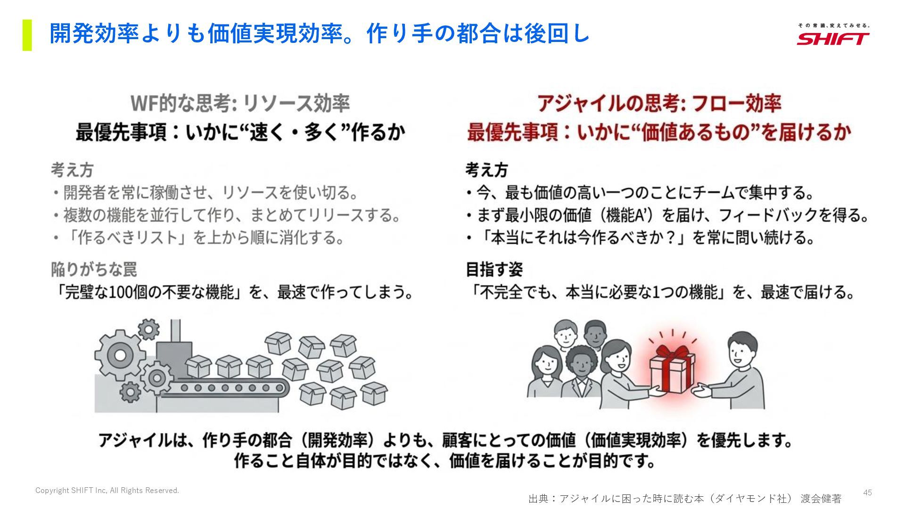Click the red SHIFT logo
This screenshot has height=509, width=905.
[833, 39]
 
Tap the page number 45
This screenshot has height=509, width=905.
[867, 493]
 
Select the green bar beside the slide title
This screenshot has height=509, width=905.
[27, 35]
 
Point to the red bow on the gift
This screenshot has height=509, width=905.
[672, 353]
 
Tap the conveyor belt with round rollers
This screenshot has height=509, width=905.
[231, 388]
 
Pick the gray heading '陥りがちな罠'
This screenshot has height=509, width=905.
[94, 270]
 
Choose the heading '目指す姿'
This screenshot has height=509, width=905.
[494, 270]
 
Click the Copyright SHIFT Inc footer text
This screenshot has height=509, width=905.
[107, 491]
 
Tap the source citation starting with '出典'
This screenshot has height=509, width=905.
[684, 498]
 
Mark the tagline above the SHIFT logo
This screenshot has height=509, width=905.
[833, 25]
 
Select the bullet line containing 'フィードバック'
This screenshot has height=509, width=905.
[667, 215]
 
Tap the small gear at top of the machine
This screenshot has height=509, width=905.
[148, 328]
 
